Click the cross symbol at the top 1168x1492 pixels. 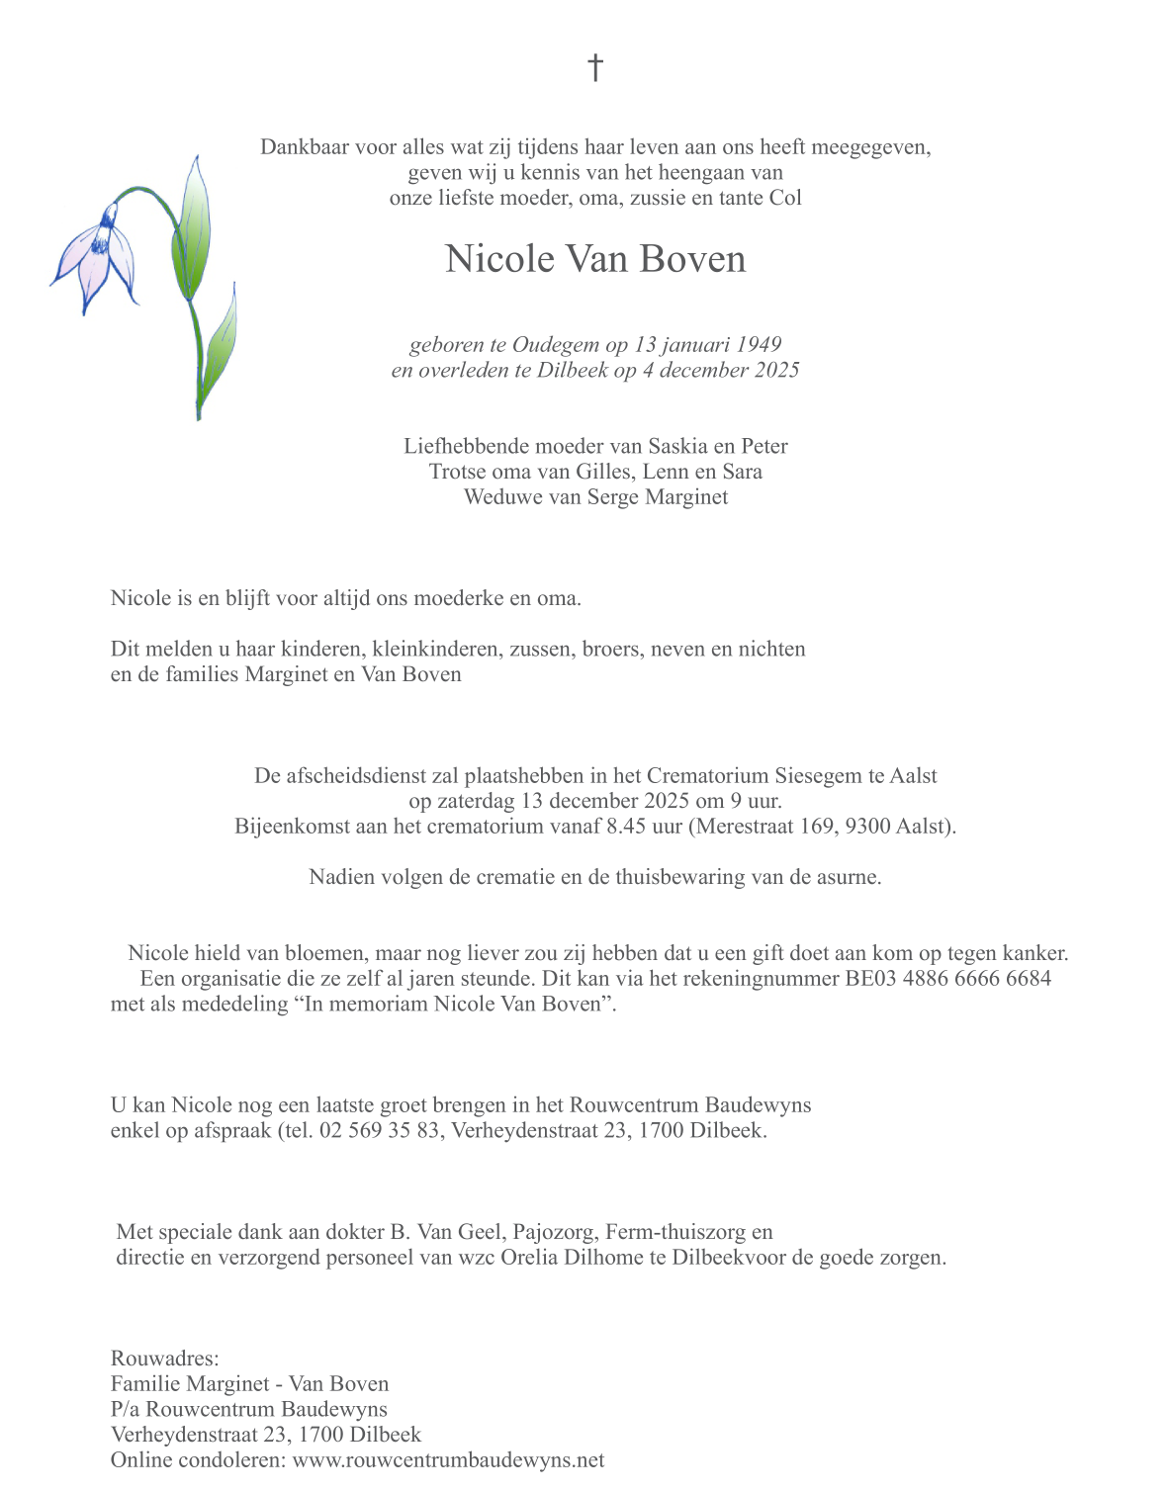tap(595, 67)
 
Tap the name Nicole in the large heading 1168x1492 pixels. tap(499, 259)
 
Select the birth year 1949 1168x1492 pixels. tap(759, 344)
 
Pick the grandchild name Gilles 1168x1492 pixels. tap(607, 472)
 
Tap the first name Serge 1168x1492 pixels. tap(612, 496)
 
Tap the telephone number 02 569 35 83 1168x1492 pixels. tap(380, 1130)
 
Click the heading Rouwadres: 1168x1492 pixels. tap(165, 1359)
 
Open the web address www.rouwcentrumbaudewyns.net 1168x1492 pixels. tap(449, 1460)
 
